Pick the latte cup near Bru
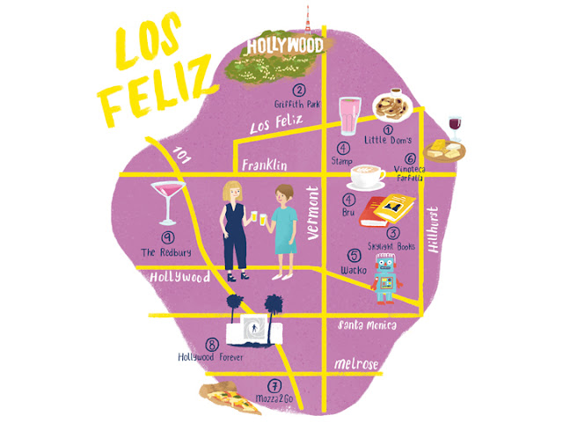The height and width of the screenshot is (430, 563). click(x=367, y=177)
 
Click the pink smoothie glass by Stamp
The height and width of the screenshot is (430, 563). click(x=350, y=115)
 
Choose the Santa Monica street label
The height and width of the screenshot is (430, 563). click(x=368, y=325)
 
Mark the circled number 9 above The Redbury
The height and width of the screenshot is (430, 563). click(x=165, y=237)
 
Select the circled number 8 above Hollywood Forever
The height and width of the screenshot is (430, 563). click(x=210, y=344)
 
